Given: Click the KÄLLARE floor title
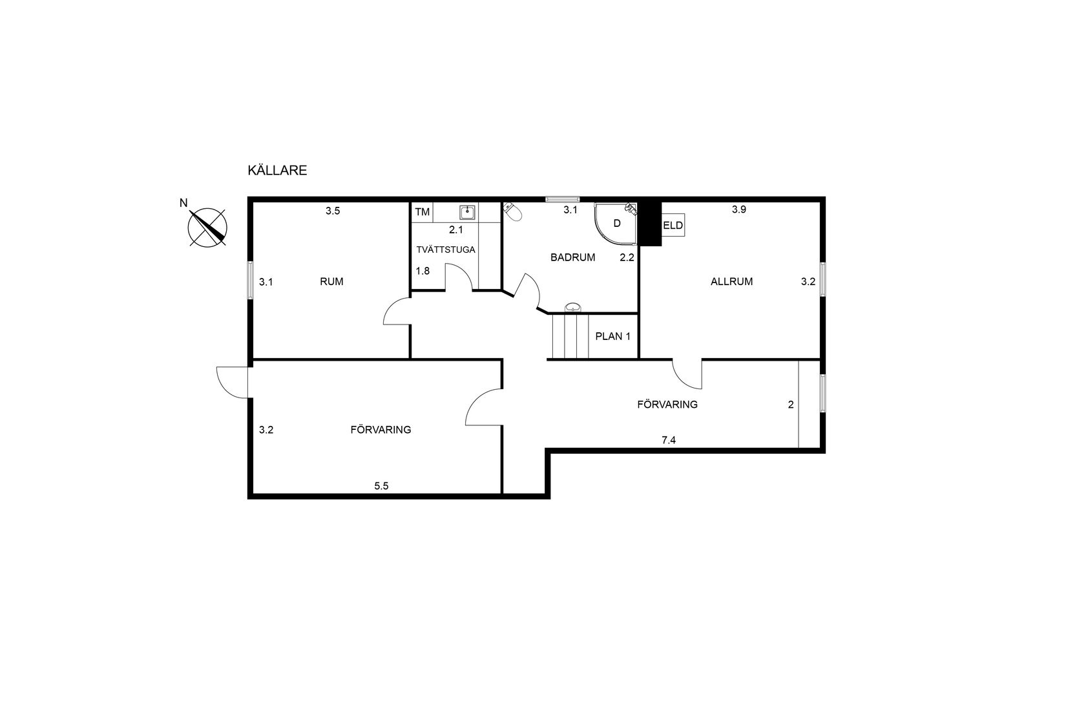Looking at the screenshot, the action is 277,170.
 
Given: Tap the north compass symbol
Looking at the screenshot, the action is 207,228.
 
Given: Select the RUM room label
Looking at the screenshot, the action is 331,281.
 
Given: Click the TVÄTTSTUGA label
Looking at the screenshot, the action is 446,249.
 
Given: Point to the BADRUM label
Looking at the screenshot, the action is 572,257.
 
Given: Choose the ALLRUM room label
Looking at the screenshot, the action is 731,281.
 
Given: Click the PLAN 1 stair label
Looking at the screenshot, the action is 612,336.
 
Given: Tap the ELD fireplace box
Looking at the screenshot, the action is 673,225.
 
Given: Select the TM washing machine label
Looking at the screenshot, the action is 422,212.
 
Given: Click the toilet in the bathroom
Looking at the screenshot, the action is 512,211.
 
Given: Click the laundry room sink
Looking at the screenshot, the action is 467,212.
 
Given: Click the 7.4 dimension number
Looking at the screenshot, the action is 669,440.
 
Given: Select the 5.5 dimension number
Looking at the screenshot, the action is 381,486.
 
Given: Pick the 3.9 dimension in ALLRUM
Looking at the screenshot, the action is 738,209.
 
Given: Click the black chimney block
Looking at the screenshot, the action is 650,223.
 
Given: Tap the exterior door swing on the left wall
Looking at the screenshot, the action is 232,382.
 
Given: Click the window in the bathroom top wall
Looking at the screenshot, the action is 563,199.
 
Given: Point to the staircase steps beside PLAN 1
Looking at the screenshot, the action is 570,336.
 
